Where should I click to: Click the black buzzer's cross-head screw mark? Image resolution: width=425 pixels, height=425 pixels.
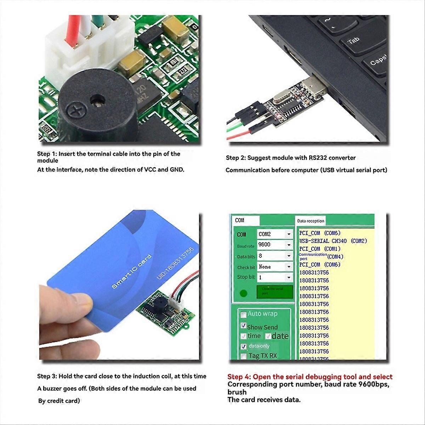coord(75,110)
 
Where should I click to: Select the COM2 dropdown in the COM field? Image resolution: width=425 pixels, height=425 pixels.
coord(274,234)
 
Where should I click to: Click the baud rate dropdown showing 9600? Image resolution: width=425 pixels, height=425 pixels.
coord(274,245)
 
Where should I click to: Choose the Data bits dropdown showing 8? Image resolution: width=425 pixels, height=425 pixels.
coord(274,256)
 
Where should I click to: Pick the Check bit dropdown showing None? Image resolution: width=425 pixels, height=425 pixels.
coord(274,267)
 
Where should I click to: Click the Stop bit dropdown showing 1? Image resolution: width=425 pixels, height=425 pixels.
coord(274,277)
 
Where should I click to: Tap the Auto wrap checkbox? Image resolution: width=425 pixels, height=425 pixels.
coord(243,314)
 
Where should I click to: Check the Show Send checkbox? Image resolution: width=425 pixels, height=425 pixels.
coord(243,325)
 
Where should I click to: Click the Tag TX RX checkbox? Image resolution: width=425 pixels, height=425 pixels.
coord(243,356)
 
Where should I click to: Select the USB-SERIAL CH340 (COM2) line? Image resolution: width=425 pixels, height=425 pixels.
coord(333,241)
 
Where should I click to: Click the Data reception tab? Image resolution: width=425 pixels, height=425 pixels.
coord(311,221)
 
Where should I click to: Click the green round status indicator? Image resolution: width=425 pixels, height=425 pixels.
coord(243,293)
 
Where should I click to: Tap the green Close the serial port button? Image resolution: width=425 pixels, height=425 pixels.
coord(274,292)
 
